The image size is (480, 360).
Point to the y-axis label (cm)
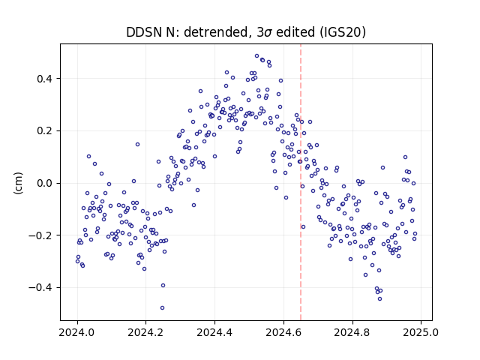pos(18,183)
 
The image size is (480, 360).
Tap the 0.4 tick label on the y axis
pos(44,79)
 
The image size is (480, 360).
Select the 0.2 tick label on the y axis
pos(44,131)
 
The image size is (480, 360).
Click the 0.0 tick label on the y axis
pos(44,183)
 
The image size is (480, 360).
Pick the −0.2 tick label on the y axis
pos(40,235)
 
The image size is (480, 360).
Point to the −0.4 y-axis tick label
pos(40,288)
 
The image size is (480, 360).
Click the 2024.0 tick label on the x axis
pos(77,332)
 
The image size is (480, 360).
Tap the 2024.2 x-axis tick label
pos(146,332)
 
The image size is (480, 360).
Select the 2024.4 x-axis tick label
pos(215,332)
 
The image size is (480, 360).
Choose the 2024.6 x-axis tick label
pos(283,332)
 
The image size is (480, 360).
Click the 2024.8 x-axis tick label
pos(352,332)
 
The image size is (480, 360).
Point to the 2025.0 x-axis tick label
pos(421,332)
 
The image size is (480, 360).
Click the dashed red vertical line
pos(301,182)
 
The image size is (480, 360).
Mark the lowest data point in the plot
pos(162,307)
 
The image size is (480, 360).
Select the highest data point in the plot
pos(256,56)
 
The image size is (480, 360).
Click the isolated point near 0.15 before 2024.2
pos(137,144)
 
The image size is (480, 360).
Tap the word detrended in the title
pos(216,32)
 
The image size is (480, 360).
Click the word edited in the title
pos(295,32)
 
